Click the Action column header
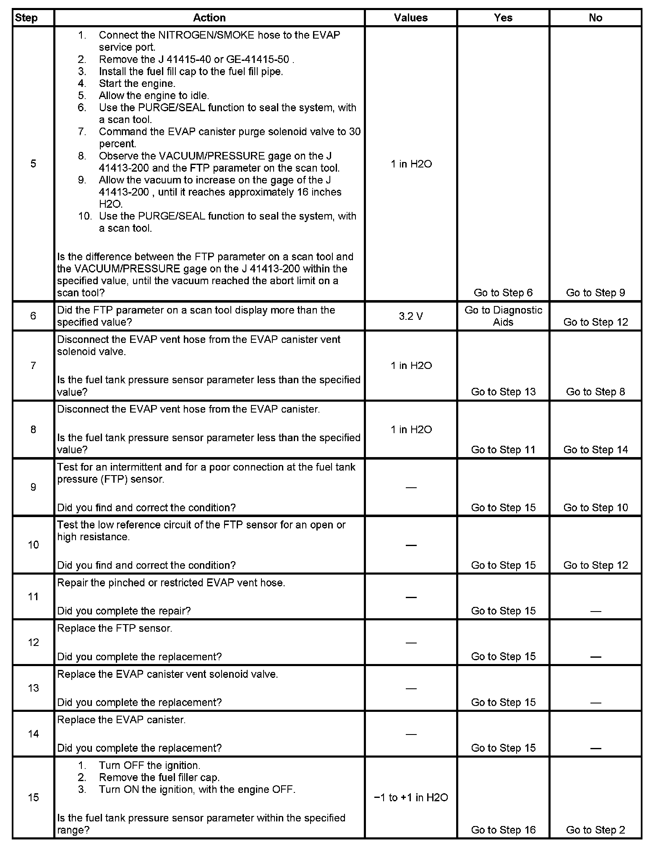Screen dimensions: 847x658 209,18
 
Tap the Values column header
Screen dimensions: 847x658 411,18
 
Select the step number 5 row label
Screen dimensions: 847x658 33,164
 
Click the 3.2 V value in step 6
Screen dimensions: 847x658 411,316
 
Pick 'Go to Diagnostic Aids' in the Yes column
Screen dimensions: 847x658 503,316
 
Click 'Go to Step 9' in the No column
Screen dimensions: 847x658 595,293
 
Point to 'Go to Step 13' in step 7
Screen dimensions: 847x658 503,392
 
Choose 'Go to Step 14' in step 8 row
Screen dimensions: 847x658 595,450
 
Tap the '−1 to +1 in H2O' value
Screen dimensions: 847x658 411,797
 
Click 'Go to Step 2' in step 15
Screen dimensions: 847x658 595,830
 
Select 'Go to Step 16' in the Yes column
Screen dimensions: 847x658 503,830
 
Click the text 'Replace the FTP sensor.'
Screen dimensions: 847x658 115,628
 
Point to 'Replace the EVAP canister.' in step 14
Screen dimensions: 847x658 121,720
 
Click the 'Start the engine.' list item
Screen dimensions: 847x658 137,84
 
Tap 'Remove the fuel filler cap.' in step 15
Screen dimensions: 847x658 159,777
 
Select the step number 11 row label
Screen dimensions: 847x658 33,596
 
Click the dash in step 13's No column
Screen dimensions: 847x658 595,703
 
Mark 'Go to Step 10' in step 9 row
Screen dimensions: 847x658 595,507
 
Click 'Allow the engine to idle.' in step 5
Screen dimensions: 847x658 154,96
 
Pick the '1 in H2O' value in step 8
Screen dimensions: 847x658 411,429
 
